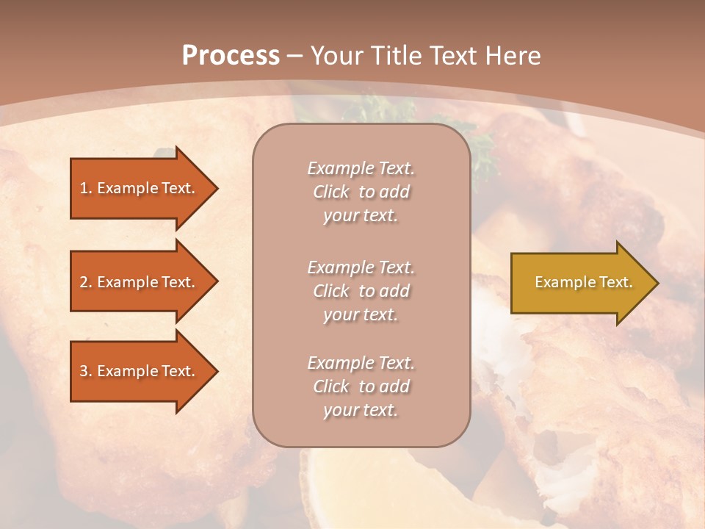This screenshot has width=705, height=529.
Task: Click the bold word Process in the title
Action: click(x=231, y=56)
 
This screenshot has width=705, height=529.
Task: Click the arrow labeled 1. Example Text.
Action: click(x=140, y=188)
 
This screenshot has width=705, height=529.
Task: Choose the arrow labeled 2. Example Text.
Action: click(x=140, y=282)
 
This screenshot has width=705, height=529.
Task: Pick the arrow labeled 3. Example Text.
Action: click(x=140, y=371)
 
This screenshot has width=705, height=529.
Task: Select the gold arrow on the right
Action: click(x=580, y=282)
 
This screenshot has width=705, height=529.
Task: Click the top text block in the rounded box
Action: click(x=361, y=192)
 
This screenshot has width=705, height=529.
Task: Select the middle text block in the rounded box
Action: click(x=361, y=291)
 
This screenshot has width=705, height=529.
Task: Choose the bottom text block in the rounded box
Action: click(x=361, y=386)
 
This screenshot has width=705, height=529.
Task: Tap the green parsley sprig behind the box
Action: click(x=481, y=151)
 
